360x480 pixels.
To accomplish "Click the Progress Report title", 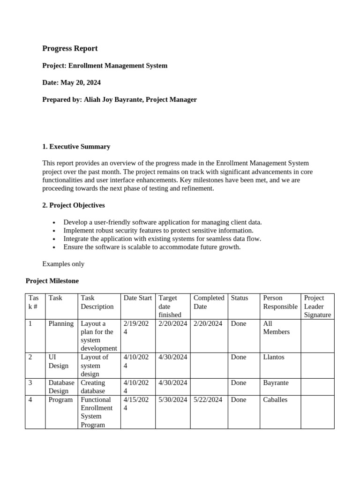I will coord(70,48).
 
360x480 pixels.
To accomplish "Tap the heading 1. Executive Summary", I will coord(76,146).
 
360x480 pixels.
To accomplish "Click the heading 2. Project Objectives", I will coord(74,205).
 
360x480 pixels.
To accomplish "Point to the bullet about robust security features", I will coord(158,230).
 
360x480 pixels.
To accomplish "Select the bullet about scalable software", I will coord(152,247).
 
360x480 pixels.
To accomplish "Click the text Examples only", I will coord(63,264).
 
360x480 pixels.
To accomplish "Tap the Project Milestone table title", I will coord(52,281).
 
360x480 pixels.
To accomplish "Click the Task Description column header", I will coord(97,302).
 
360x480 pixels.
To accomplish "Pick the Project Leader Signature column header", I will coord(317,306).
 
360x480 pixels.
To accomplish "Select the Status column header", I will coord(239,298).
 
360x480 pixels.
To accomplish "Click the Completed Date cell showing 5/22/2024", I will coord(208,400).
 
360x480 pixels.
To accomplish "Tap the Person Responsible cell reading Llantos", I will coord(274,357).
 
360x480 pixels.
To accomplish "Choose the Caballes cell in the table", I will coord(275,400).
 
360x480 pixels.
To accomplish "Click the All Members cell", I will coord(276,328).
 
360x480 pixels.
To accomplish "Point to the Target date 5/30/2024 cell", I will coord(172,400).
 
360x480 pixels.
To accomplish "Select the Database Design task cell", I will coord(61,387).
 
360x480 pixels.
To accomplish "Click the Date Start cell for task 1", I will coord(136,328).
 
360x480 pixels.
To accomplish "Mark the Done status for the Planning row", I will coord(238,323).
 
